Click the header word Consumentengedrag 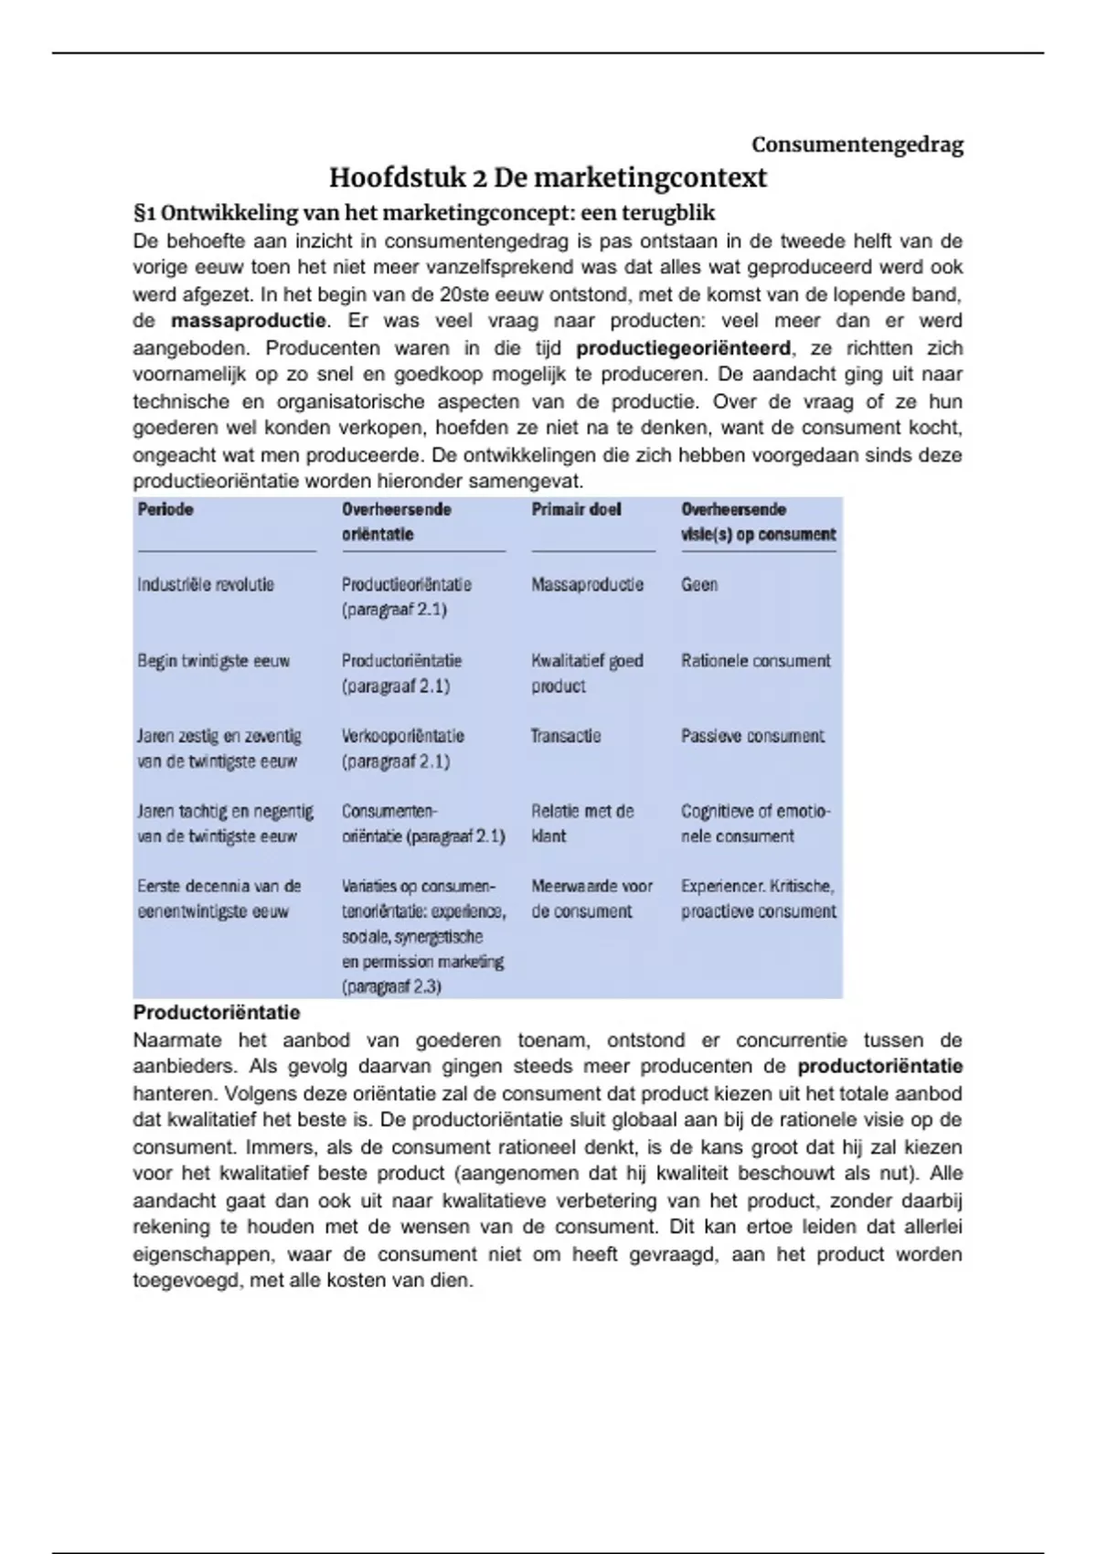point(857,144)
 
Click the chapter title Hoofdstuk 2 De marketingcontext point(548,176)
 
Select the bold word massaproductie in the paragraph point(248,321)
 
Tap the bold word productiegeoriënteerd point(683,348)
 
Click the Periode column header point(165,509)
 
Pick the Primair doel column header point(576,509)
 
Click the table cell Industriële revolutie point(206,585)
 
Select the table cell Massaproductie point(587,585)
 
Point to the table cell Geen point(699,585)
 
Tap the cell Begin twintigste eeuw point(213,661)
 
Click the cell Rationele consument point(755,661)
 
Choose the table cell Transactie point(566,736)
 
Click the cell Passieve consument point(752,736)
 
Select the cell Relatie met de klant point(582,823)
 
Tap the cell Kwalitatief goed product point(587,673)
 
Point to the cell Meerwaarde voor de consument point(591,899)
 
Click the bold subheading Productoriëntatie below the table point(217,1013)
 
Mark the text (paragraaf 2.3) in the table point(392,987)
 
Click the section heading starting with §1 point(424,213)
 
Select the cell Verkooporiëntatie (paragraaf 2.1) point(403,749)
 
